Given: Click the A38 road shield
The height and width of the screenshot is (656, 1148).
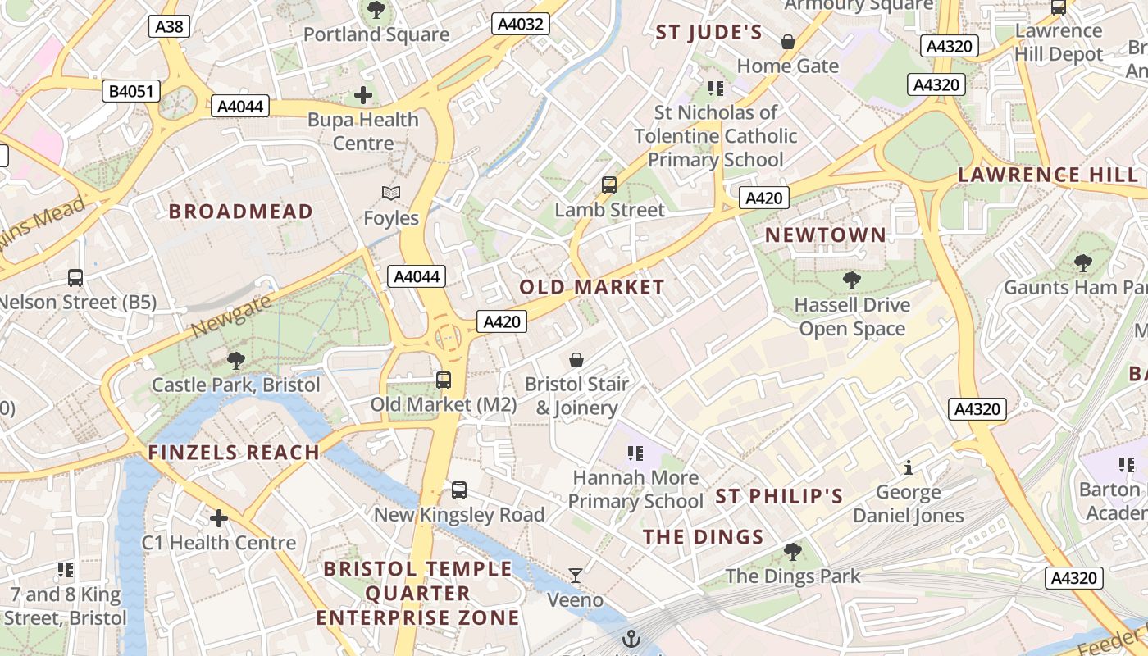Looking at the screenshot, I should click(170, 26).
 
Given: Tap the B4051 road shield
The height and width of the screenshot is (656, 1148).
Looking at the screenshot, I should click(131, 90).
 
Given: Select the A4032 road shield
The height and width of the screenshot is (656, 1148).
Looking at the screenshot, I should click(521, 24).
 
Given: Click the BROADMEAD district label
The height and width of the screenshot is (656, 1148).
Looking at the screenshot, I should click(241, 212).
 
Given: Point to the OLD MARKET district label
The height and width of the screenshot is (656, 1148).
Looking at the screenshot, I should click(592, 287).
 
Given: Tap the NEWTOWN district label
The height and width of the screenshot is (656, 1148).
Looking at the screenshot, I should click(826, 235).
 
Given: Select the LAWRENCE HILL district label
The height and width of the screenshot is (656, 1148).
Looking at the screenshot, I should click(1048, 175).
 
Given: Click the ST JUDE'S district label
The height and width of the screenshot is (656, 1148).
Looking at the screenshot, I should click(708, 33).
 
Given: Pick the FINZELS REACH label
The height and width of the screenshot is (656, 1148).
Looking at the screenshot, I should click(234, 453).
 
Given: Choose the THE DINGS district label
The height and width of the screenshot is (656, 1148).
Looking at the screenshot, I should click(704, 537).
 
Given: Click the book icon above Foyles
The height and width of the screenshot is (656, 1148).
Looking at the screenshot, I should click(391, 194).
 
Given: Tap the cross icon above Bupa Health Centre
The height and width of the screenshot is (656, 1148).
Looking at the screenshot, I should click(363, 95).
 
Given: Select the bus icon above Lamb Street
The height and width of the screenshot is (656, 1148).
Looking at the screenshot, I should click(609, 185).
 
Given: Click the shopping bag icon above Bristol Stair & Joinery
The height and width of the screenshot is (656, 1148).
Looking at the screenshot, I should click(576, 360).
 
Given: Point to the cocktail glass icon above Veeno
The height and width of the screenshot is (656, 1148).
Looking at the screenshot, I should click(576, 576).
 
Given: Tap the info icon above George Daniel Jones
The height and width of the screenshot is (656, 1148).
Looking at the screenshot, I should click(908, 468).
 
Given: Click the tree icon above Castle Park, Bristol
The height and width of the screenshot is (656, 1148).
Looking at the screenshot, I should click(236, 360).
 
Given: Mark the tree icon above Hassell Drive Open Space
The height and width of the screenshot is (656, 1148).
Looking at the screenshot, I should click(852, 280).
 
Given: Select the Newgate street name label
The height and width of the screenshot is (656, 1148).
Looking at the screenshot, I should click(230, 317).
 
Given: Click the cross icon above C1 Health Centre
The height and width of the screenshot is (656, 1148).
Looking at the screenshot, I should click(219, 518).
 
